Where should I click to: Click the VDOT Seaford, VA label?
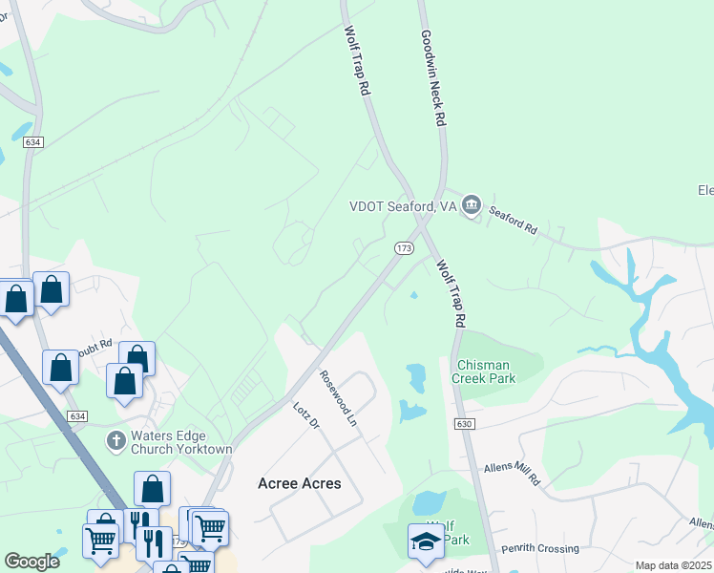tap(403, 205)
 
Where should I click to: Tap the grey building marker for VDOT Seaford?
tap(471, 205)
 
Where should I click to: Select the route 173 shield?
tap(403, 247)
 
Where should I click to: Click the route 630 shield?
tap(465, 423)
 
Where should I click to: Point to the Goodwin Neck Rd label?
tap(433, 78)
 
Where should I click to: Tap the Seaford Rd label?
tap(514, 223)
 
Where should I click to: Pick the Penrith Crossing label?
tap(546, 549)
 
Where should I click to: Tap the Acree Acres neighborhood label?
tap(300, 483)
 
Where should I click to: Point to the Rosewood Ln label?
tap(338, 398)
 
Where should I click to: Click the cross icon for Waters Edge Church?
tap(115, 440)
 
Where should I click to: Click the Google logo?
tap(32, 562)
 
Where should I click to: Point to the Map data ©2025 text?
tap(672, 565)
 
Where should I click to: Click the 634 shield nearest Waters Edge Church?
tap(79, 416)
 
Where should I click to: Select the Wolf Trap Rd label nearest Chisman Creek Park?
tap(452, 292)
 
